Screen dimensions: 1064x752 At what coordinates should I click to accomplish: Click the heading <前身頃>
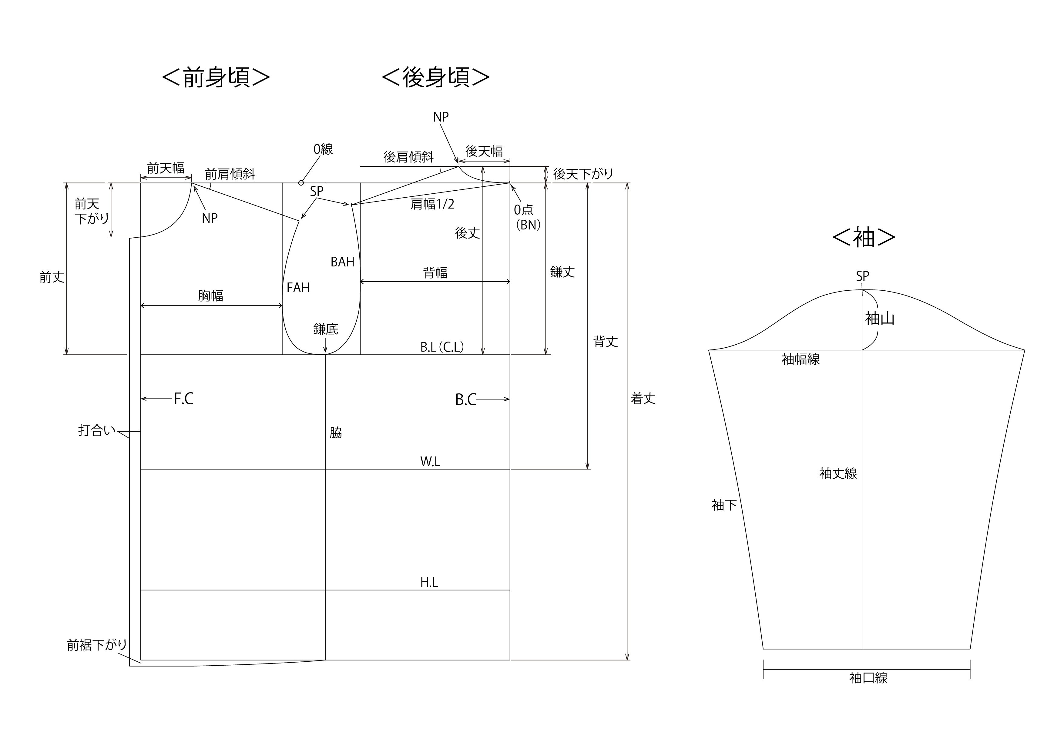coord(216,77)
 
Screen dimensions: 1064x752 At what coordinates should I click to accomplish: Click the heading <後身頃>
coord(436,77)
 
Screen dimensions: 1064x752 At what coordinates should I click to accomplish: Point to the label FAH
coord(298,288)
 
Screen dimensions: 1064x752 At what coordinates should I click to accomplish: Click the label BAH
coord(342,262)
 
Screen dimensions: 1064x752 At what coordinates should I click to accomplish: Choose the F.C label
coord(183,399)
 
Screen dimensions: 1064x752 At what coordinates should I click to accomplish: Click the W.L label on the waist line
coord(430,462)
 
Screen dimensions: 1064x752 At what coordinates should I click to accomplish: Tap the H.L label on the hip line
coord(429,583)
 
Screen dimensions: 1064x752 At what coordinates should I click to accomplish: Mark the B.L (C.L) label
coord(442,347)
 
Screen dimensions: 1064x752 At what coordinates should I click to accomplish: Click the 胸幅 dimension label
coord(210,296)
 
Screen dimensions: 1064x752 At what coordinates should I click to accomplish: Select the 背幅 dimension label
coord(436,272)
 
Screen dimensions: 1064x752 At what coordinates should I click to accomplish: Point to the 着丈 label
coord(643,399)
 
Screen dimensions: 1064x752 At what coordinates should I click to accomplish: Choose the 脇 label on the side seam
coord(336,433)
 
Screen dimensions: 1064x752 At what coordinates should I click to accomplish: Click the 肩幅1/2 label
coord(432,204)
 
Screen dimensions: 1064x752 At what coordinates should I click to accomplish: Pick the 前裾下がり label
coord(97,645)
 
